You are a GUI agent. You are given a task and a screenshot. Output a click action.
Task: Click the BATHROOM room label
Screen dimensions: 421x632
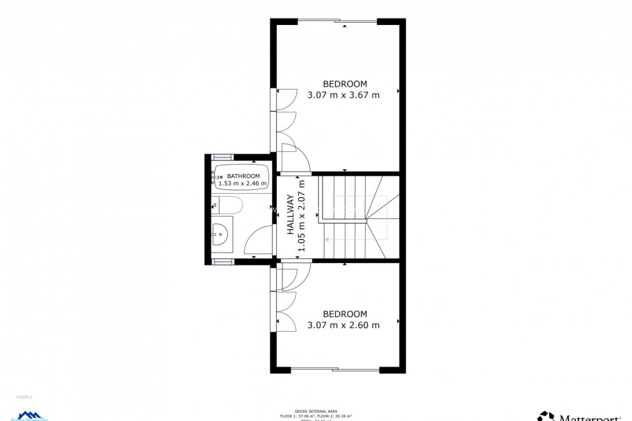243,176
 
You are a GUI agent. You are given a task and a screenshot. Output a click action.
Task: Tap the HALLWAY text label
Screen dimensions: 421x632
290,214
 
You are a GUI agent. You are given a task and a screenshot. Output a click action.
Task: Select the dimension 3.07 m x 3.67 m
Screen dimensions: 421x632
343,95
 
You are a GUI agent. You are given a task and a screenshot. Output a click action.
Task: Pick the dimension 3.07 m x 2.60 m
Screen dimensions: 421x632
343,325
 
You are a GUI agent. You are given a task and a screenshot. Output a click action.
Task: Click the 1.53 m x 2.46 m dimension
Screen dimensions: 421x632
243,184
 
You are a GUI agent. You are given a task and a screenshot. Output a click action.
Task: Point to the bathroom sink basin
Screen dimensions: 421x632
220,234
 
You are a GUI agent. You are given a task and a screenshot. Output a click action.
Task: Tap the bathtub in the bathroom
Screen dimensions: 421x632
242,178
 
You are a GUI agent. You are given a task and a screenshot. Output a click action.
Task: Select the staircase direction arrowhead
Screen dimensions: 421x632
327,239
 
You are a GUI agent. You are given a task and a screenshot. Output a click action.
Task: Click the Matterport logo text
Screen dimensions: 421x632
589,418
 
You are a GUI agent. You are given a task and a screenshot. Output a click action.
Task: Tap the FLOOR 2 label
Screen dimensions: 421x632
24,397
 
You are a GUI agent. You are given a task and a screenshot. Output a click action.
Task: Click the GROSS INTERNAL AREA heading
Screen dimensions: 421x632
316,411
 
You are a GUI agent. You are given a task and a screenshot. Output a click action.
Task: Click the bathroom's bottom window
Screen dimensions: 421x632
223,262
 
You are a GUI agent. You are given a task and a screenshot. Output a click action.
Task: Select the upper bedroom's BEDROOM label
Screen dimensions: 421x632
345,84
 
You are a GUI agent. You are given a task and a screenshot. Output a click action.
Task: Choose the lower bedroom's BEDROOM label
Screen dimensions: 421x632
345,314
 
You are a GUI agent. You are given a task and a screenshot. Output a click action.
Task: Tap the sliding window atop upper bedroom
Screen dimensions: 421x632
337,21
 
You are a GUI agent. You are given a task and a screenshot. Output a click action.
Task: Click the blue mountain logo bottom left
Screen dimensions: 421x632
30,416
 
